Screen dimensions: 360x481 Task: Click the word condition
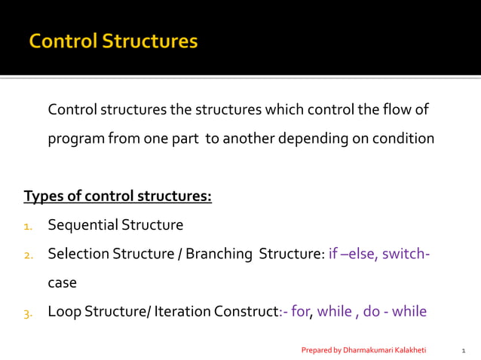[405, 139]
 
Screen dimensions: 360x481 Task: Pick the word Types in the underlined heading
[42, 197]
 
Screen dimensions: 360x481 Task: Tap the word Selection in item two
[78, 254]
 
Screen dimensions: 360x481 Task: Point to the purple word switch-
[406, 254]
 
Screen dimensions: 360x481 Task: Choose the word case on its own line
[63, 283]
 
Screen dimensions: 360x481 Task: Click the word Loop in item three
[63, 311]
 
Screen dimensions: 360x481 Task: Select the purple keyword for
[301, 311]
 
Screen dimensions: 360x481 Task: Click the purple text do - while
[395, 311]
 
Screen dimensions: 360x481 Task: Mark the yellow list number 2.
[28, 255]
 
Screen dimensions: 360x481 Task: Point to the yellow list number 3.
[28, 313]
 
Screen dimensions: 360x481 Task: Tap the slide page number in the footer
[463, 350]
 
